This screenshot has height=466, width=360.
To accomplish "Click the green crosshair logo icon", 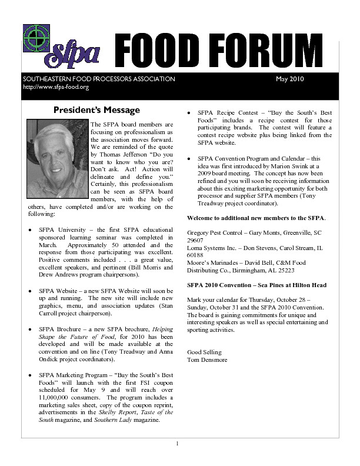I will coord(36,38).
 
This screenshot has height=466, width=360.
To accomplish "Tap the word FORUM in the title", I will coord(259,49).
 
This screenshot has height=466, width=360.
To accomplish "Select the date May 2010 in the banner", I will coord(289,79).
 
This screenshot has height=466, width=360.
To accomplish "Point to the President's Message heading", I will coord(96,110).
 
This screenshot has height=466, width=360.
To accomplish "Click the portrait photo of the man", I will coord(57,159).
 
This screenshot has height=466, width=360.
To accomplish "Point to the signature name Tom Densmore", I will coord(206,360).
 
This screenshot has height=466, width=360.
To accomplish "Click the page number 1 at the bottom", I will coord(177,442).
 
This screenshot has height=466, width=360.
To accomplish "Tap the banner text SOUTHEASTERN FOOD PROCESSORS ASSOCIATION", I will coord(99,79).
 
